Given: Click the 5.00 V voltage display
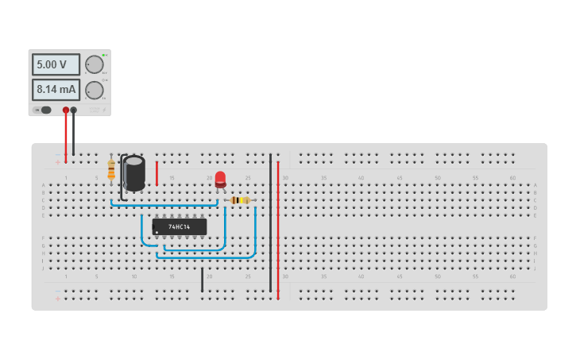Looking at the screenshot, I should pos(55,64).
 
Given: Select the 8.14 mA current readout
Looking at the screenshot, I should pos(55,90).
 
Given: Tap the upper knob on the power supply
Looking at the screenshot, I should pos(95,64).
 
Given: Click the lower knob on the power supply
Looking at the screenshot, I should pos(95,90).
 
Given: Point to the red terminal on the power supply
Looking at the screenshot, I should pos(66,110).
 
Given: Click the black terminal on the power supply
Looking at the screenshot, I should pos(74,110).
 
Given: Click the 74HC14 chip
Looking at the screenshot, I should pos(180,226).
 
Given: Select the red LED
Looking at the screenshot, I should pos(220,179).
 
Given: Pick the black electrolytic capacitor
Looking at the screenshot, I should pos(134,172).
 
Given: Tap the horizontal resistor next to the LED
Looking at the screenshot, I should pos(238,200).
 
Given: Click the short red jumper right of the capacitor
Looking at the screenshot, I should pos(157,173).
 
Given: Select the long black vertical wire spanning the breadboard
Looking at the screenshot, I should pos(270,223).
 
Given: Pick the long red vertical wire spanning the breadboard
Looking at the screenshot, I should pos(278,230).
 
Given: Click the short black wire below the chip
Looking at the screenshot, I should pos(202,280).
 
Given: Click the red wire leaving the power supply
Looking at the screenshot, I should pos(66,135).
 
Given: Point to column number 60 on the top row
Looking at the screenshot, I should pos(512,178).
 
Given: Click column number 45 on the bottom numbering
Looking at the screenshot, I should pos(399,277).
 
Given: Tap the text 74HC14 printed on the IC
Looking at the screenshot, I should pos(179,227).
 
